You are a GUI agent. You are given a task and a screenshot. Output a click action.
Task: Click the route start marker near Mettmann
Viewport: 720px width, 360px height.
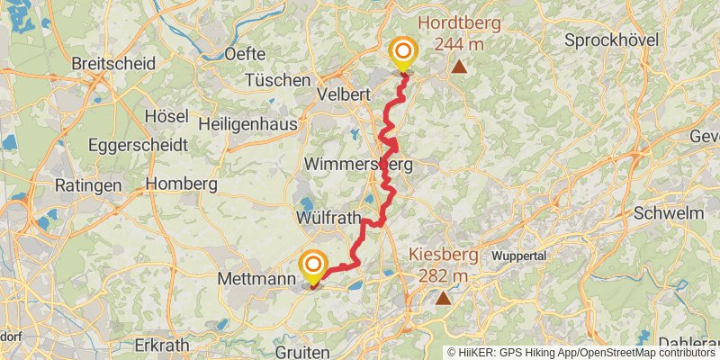[313, 265]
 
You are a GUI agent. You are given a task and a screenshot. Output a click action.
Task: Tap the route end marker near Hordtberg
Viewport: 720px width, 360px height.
[402, 51]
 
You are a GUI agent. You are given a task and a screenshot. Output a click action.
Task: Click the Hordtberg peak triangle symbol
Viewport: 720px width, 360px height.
[459, 67]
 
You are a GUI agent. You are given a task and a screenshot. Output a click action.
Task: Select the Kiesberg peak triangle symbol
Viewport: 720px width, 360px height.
[443, 297]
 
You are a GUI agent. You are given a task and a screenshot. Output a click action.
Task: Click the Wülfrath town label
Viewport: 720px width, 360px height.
[328, 219]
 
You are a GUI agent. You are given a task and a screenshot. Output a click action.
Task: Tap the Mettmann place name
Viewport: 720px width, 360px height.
[256, 280]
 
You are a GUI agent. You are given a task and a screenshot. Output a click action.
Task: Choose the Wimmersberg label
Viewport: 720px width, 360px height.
[358, 165]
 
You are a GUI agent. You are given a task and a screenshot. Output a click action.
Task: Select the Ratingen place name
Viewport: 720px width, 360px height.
[87, 185]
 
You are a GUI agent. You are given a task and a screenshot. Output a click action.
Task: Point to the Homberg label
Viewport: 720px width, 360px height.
[181, 184]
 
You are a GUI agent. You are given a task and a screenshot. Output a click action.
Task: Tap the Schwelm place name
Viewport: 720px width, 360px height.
[668, 213]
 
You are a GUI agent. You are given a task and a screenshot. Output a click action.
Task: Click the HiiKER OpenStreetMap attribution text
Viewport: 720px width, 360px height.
[581, 353]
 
